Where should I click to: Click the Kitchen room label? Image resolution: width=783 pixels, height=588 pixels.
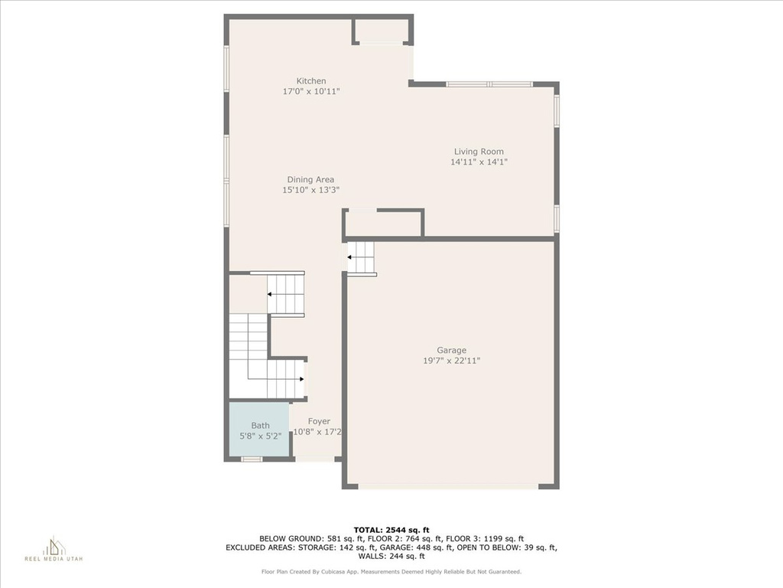tap(311, 81)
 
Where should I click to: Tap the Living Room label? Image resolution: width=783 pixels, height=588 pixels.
tap(479, 152)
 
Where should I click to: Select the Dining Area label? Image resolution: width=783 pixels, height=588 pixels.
tap(310, 179)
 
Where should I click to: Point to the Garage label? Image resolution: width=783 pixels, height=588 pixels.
tap(451, 351)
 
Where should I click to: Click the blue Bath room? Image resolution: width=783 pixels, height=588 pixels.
tap(258, 429)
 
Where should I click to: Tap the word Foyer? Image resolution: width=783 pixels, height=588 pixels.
tap(319, 422)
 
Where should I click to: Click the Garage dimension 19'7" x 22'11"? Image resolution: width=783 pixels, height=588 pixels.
tap(451, 361)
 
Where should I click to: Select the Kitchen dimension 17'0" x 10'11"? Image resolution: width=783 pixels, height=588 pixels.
tap(311, 92)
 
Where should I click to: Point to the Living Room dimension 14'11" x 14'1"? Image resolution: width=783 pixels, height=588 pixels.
tap(479, 162)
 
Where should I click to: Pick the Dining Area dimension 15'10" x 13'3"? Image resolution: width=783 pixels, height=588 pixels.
tap(310, 190)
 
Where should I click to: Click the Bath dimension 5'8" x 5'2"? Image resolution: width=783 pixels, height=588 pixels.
tap(260, 436)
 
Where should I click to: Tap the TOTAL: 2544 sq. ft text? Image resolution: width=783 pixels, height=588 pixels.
tap(391, 530)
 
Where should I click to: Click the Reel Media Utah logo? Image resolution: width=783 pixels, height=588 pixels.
tap(54, 548)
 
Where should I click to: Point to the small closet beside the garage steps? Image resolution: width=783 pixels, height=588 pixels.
tap(383, 224)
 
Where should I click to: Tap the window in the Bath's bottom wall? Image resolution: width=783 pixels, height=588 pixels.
tap(252, 459)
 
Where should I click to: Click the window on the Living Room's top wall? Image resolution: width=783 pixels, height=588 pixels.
tap(489, 84)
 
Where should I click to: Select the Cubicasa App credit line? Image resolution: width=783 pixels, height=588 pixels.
tap(391, 571)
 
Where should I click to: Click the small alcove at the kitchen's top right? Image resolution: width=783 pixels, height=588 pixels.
tap(382, 31)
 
